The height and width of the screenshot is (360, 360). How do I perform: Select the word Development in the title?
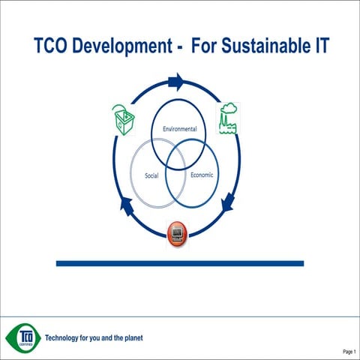126,47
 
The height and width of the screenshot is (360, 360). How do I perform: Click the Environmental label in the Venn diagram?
180,129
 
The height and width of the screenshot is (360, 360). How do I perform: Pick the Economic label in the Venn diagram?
202,175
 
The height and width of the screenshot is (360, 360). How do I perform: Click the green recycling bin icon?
123,118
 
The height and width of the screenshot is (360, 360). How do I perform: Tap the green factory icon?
228,118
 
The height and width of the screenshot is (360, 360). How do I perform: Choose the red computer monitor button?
178,233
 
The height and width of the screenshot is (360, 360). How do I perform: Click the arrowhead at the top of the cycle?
176,81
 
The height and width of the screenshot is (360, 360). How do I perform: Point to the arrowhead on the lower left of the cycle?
127,203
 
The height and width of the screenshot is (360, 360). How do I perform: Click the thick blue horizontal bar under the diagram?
180,263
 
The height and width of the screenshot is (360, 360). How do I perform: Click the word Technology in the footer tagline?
65,337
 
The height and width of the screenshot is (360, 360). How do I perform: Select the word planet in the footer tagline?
131,337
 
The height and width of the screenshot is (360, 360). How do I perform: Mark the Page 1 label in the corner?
349,351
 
